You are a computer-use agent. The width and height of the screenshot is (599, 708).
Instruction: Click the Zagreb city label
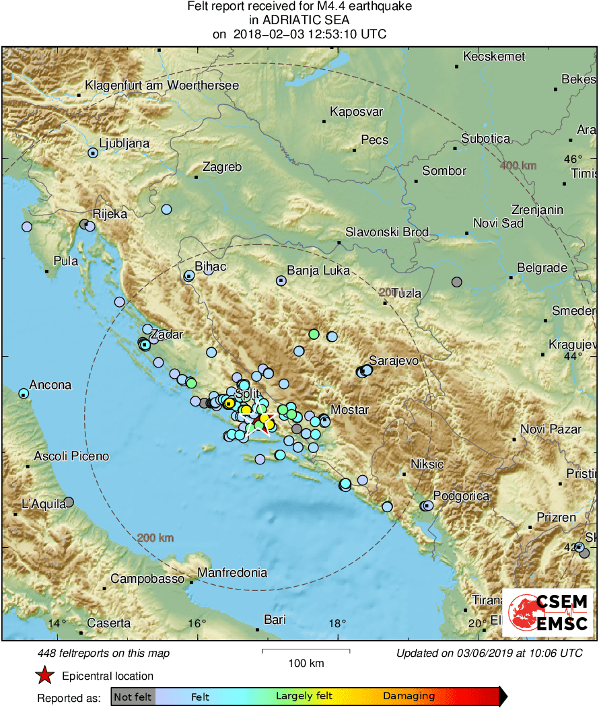[x=221, y=167]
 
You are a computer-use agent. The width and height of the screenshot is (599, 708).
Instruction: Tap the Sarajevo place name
[x=394, y=361]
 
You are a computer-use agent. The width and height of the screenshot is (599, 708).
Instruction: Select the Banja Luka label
[x=318, y=271]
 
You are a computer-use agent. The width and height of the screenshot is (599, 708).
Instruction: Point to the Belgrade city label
[x=542, y=268]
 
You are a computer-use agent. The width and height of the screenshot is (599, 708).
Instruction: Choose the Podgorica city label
[x=461, y=496]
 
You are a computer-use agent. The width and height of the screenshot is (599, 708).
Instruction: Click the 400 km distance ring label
[x=518, y=166]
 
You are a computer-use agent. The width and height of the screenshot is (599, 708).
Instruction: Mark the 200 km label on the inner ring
[x=155, y=538]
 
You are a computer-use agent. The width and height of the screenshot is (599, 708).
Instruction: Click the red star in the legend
[x=44, y=675]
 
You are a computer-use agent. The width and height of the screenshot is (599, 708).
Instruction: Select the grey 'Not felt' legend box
[x=133, y=697]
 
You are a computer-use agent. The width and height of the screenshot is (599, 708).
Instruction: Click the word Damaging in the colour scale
[x=409, y=697]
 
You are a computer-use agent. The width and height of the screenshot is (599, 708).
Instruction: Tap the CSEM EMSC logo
[x=547, y=612]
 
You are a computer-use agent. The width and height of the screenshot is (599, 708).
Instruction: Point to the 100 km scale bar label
[x=306, y=663]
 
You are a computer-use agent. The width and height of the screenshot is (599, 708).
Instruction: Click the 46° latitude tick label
[x=572, y=160]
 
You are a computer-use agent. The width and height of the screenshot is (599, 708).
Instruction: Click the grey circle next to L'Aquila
[x=69, y=501]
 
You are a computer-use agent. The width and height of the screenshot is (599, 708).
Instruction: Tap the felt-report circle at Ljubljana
[x=93, y=153]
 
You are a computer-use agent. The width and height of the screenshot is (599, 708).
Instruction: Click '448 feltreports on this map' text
[x=104, y=653]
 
